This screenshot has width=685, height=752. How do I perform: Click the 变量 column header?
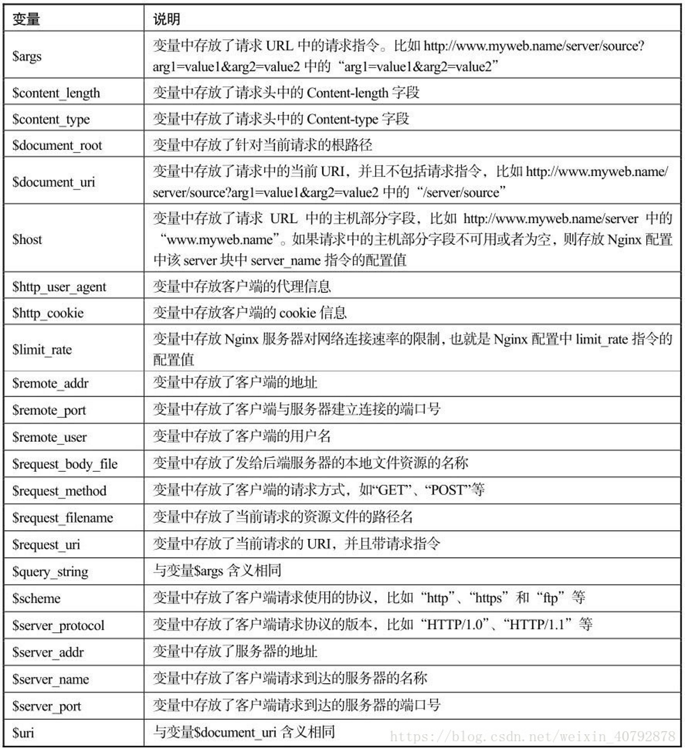click(26, 19)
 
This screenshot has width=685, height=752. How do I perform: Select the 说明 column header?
click(167, 19)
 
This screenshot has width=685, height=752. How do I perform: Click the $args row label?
click(27, 56)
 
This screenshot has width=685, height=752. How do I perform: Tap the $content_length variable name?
click(56, 93)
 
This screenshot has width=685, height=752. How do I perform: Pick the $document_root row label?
click(57, 145)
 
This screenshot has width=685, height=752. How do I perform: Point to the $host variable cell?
click(27, 240)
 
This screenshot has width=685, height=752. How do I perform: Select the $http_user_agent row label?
click(59, 287)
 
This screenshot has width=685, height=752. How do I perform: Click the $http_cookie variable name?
click(47, 313)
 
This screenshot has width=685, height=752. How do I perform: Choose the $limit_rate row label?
click(42, 350)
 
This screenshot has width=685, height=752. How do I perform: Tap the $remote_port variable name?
click(49, 410)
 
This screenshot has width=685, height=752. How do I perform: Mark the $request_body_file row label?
click(64, 464)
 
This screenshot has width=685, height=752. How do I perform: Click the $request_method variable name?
click(59, 491)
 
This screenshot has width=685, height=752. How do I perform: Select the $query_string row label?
click(50, 572)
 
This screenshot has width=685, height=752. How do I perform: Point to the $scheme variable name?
click(36, 599)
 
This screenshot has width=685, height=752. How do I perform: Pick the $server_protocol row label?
click(58, 626)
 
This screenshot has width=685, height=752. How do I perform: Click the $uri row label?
click(23, 733)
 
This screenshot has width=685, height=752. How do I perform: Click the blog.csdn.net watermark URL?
click(532, 736)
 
